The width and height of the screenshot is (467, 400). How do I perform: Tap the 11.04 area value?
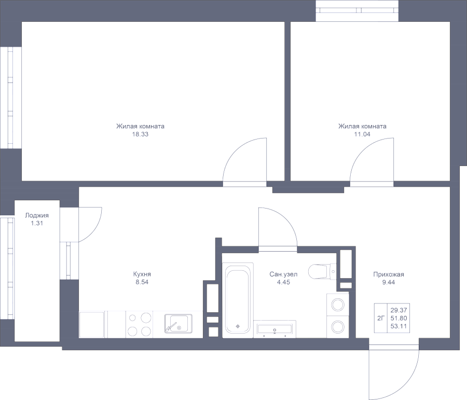[x=362, y=134]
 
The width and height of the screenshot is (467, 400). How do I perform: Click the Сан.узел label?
[x=283, y=274]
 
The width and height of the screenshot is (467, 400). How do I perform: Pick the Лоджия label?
[x=36, y=215]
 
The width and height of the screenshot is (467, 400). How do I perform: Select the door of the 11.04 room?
[x=371, y=161]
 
